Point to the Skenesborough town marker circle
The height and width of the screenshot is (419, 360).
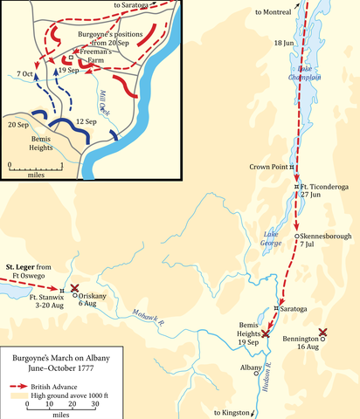click(x=298, y=237)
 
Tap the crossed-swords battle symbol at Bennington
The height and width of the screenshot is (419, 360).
click(x=323, y=333)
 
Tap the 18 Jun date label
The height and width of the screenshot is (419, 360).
click(x=284, y=43)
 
